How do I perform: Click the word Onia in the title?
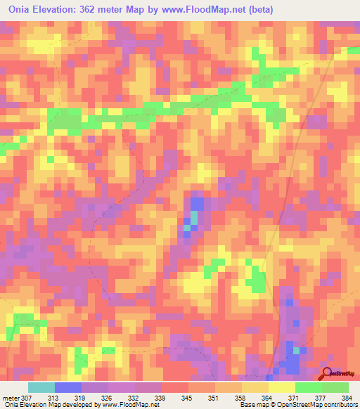[20, 10]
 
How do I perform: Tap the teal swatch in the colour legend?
[41, 387]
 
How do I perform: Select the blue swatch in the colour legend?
[68, 387]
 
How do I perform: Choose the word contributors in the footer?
[340, 405]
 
